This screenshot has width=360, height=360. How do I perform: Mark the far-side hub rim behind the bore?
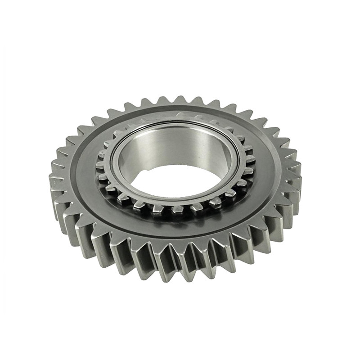[x=175, y=122]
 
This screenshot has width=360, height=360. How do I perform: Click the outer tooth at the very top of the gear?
[x=180, y=100]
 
